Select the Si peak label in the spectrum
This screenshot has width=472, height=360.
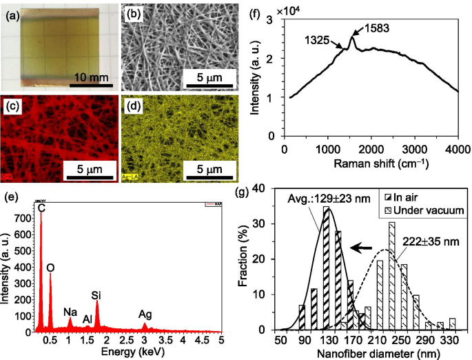point(96,295)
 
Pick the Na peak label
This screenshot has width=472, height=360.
point(70,311)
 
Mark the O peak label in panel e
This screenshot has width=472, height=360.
point(50,266)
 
